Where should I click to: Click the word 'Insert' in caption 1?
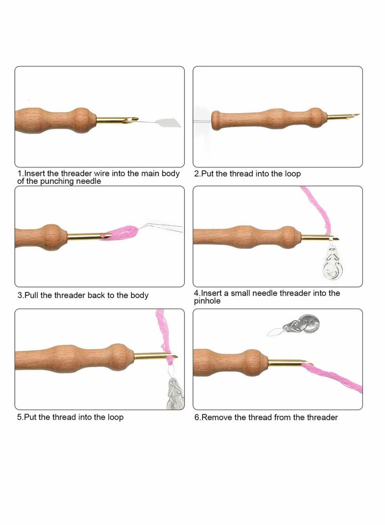(36, 173)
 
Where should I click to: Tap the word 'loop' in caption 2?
(291, 174)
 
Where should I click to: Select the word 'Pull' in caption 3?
(32, 295)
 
